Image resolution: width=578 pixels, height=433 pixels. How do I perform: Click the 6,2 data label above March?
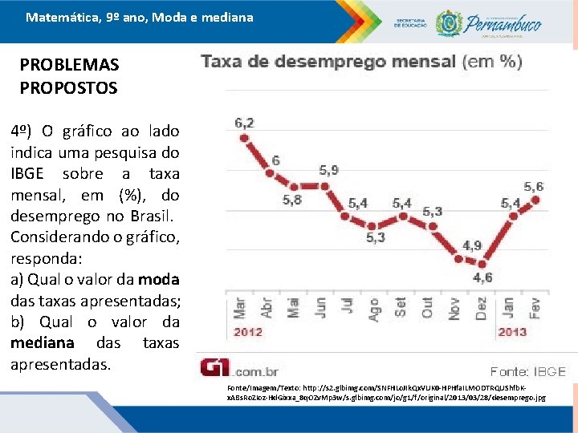(x=244, y=123)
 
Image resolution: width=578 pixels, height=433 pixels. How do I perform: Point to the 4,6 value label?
(x=482, y=277)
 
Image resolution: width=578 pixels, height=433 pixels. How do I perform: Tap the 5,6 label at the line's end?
(x=534, y=187)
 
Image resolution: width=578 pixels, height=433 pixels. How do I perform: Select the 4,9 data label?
(x=472, y=245)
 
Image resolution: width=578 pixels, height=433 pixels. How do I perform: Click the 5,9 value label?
(x=328, y=170)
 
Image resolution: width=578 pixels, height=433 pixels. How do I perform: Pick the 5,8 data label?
(x=292, y=200)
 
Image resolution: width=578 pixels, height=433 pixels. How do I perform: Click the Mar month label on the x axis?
(x=240, y=308)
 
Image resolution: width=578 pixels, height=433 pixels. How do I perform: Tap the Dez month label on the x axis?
(x=481, y=308)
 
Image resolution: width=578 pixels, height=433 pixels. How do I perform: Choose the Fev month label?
(x=535, y=308)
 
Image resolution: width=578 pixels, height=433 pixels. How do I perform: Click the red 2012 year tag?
(x=247, y=332)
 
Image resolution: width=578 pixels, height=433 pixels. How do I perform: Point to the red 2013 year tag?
(x=512, y=332)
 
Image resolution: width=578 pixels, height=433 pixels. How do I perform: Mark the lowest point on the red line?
(x=481, y=262)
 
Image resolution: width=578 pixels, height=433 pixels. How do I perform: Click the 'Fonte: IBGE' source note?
(x=528, y=371)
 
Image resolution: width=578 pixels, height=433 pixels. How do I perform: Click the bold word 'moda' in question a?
(x=158, y=280)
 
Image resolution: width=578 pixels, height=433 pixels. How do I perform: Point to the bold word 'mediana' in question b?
(x=42, y=343)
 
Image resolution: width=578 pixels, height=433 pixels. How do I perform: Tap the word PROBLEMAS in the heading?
(x=69, y=65)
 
